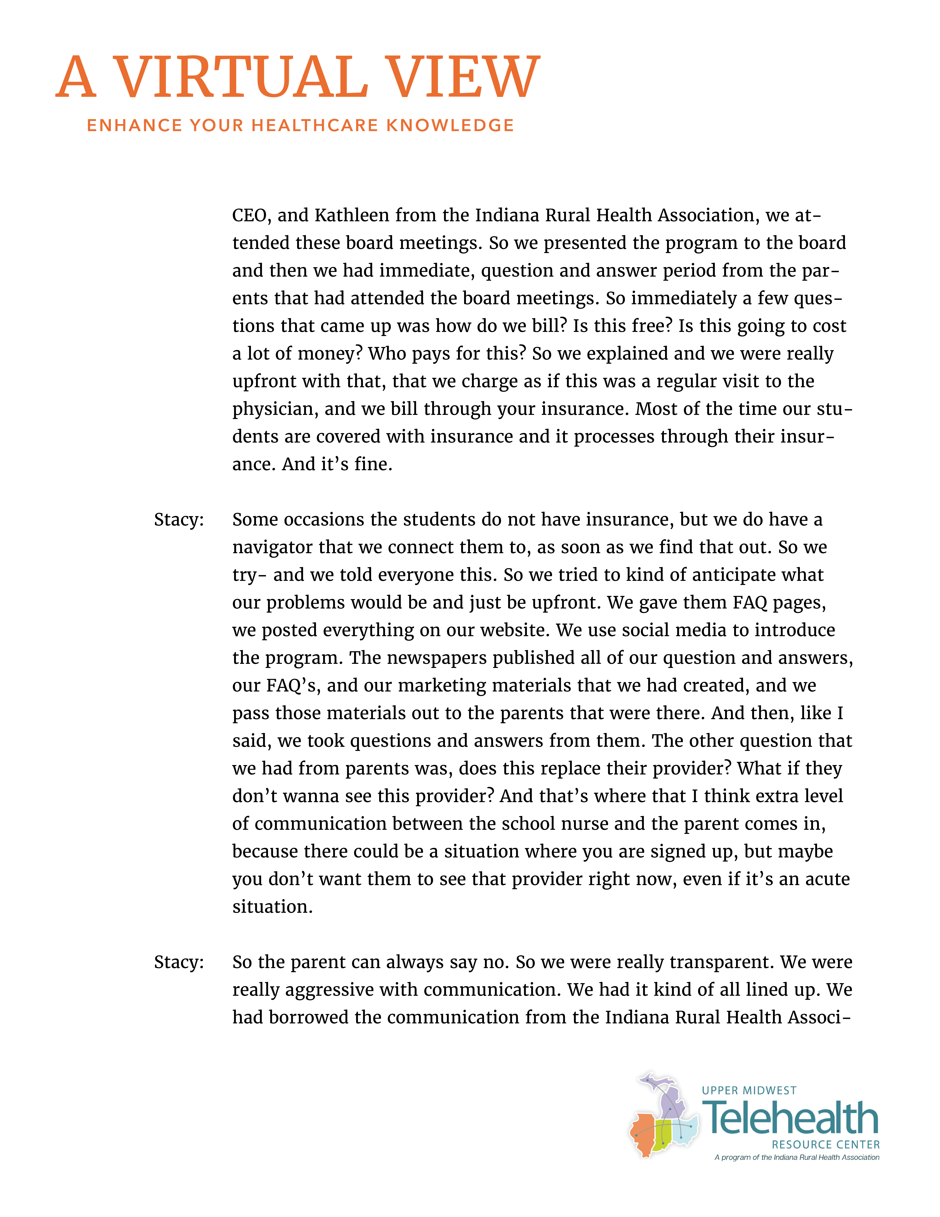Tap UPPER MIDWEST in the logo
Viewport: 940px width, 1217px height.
(749, 1091)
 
